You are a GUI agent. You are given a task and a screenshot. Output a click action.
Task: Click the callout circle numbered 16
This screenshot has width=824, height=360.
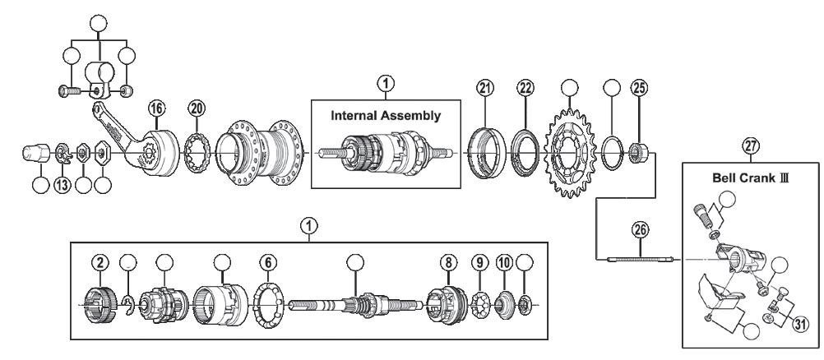click(156, 108)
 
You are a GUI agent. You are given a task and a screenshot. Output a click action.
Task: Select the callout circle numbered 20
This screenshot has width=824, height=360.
click(197, 108)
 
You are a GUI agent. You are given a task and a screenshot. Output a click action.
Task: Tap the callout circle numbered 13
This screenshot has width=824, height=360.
click(62, 185)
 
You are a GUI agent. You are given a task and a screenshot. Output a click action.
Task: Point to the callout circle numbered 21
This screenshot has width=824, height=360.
click(485, 88)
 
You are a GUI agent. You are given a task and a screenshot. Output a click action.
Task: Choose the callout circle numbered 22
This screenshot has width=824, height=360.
click(525, 88)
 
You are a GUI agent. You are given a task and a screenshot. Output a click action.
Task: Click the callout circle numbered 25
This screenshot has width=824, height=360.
click(640, 88)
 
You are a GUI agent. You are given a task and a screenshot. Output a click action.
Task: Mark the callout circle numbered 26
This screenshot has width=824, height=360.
click(641, 229)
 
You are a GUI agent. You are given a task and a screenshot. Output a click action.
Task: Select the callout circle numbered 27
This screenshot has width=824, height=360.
click(751, 145)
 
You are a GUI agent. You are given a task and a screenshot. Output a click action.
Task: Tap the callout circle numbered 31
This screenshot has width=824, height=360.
click(799, 325)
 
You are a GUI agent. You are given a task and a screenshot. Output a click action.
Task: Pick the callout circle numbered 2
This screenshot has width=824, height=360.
click(100, 263)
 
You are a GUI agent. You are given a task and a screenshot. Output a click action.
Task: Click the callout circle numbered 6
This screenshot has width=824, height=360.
click(267, 263)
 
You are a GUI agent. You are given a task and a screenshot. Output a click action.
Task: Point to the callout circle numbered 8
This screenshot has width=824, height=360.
click(448, 263)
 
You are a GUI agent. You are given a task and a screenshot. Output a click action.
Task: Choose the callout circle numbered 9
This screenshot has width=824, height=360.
click(479, 263)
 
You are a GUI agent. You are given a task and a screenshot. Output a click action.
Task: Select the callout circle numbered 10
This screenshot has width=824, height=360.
click(504, 263)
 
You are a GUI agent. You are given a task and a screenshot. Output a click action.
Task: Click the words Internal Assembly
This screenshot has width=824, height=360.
click(386, 116)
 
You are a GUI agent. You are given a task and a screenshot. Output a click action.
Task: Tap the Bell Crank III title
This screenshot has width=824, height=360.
click(751, 178)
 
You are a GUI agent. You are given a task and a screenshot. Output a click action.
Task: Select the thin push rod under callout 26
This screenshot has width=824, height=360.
click(641, 259)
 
